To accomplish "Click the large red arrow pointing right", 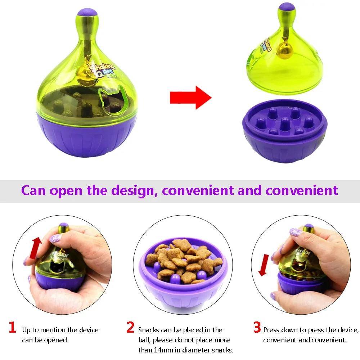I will tap(190, 97).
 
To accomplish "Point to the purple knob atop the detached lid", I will tap(287, 6).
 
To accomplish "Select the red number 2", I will tap(130, 327).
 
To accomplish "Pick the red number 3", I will tap(257, 327).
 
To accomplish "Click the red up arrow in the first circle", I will tap(35, 248).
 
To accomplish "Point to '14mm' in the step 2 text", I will tap(161, 350).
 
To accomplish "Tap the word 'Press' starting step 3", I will tap(271, 330).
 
